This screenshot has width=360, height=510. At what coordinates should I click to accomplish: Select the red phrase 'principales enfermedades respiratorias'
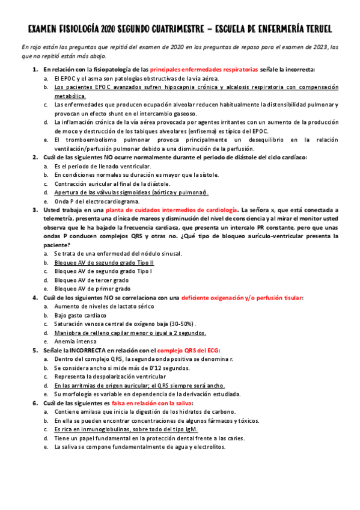pyautogui.click(x=204, y=70)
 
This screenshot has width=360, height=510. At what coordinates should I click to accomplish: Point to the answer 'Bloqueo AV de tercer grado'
pyautogui.click(x=91, y=280)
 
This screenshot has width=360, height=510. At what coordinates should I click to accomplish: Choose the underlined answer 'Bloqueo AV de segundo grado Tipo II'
pyautogui.click(x=104, y=263)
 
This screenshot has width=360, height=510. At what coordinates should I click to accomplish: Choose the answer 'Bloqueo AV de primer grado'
pyautogui.click(x=92, y=289)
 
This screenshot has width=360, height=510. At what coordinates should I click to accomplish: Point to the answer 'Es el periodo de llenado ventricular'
pyautogui.click(x=102, y=166)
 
